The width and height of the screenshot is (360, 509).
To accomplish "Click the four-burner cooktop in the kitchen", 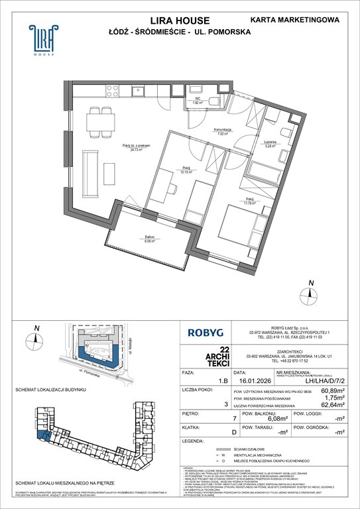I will coord(109,91).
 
